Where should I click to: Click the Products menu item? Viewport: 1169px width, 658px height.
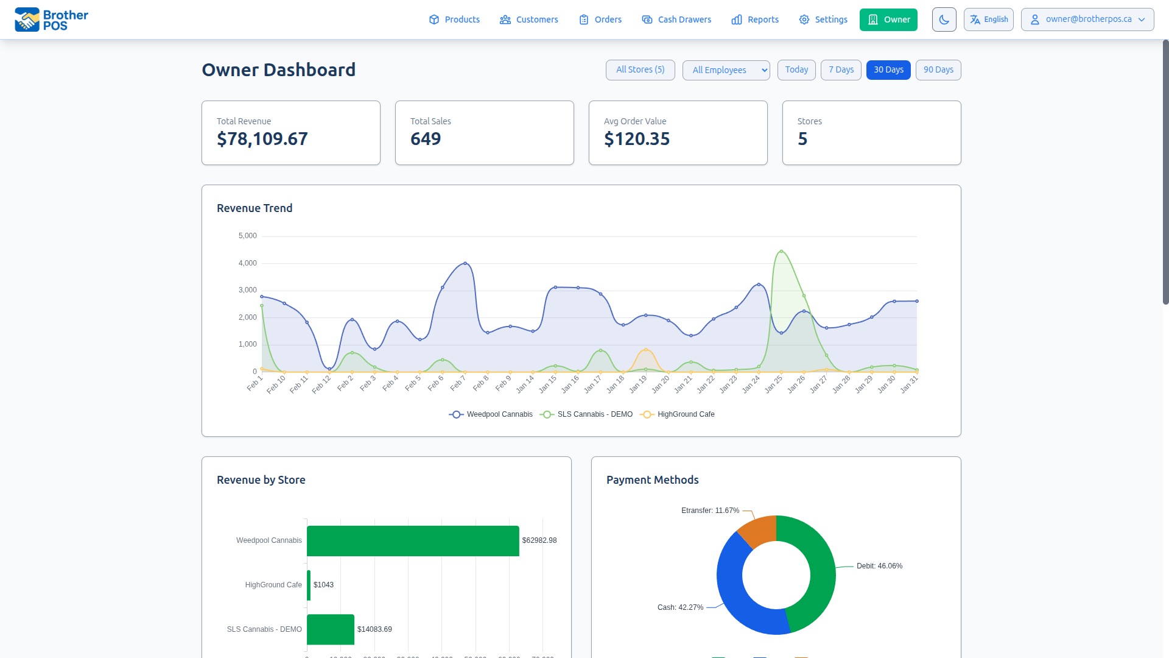click(x=454, y=19)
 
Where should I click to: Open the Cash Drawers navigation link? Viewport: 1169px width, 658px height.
click(x=676, y=19)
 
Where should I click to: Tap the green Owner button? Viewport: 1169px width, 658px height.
click(x=888, y=19)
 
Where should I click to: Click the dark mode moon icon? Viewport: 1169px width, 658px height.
click(x=944, y=19)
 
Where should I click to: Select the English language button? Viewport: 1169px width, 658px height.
click(x=988, y=19)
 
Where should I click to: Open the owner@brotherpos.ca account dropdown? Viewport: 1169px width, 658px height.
click(x=1087, y=19)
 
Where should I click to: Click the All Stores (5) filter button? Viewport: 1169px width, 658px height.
click(x=640, y=69)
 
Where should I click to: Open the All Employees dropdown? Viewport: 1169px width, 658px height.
click(x=726, y=70)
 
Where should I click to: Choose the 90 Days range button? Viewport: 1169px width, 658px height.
click(x=938, y=69)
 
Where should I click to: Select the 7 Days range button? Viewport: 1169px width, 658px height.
click(x=840, y=69)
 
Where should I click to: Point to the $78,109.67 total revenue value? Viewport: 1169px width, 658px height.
click(x=262, y=139)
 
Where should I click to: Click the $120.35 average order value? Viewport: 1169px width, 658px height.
click(x=637, y=139)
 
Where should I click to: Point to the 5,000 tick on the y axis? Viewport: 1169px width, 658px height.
click(x=248, y=236)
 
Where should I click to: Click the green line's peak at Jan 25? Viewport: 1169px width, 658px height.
click(x=781, y=251)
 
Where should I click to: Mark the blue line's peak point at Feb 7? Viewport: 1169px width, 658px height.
click(x=465, y=263)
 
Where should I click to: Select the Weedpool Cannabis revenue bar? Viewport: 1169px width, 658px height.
click(x=413, y=540)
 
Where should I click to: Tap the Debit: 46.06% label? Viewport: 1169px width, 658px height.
click(x=879, y=566)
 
